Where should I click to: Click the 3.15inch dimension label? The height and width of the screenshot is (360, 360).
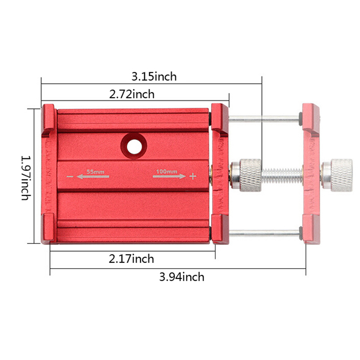pos(154,77)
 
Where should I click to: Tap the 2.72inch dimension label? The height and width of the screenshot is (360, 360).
pos(132,94)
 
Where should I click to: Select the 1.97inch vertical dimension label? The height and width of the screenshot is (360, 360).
pos(26,178)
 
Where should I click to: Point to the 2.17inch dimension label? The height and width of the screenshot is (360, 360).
pos(131,259)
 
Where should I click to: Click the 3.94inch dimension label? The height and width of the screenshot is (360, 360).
pos(182,277)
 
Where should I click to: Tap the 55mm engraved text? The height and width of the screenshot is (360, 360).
pos(95,172)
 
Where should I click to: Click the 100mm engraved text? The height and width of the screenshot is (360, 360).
pos(167,171)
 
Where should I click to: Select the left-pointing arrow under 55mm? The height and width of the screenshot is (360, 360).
pos(93,176)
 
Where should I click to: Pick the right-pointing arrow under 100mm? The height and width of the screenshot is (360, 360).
pos(169,176)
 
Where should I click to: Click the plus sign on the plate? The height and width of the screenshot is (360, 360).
pos(193,176)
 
